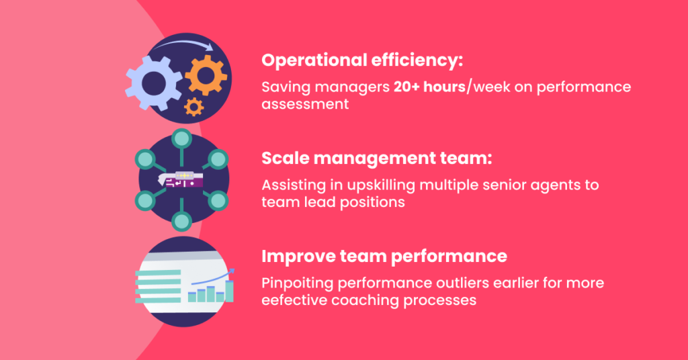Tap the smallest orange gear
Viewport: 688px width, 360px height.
(x=194, y=105)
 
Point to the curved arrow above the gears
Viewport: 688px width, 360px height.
(x=185, y=46)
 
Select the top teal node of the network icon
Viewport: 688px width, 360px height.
(x=181, y=139)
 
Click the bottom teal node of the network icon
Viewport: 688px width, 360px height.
(x=181, y=221)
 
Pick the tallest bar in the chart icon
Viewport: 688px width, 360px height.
(x=229, y=290)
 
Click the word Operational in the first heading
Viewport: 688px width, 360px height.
(x=312, y=60)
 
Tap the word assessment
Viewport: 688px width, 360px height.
(x=305, y=104)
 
